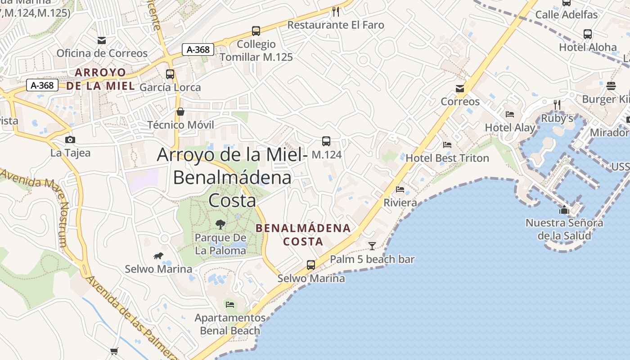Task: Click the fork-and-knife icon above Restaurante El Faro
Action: click(x=336, y=11)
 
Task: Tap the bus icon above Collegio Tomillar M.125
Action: click(x=256, y=31)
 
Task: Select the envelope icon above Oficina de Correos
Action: click(x=102, y=40)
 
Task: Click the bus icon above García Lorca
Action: click(x=170, y=74)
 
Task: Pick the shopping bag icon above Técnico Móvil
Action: click(x=180, y=112)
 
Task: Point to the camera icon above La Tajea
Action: click(x=70, y=139)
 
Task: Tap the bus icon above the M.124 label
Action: click(x=326, y=141)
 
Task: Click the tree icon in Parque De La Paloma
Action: click(x=220, y=224)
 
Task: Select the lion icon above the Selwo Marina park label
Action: click(x=158, y=256)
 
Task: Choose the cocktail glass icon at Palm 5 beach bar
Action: click(x=372, y=246)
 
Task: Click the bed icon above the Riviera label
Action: click(x=400, y=189)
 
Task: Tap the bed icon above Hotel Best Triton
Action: click(x=447, y=145)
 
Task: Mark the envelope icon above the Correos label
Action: click(x=460, y=89)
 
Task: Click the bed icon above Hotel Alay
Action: click(x=510, y=114)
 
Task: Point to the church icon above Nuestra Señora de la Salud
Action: click(x=564, y=210)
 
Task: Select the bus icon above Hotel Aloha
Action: click(x=588, y=34)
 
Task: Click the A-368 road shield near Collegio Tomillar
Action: click(x=198, y=49)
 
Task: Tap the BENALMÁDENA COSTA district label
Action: click(x=303, y=234)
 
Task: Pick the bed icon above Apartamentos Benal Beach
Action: click(x=230, y=305)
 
